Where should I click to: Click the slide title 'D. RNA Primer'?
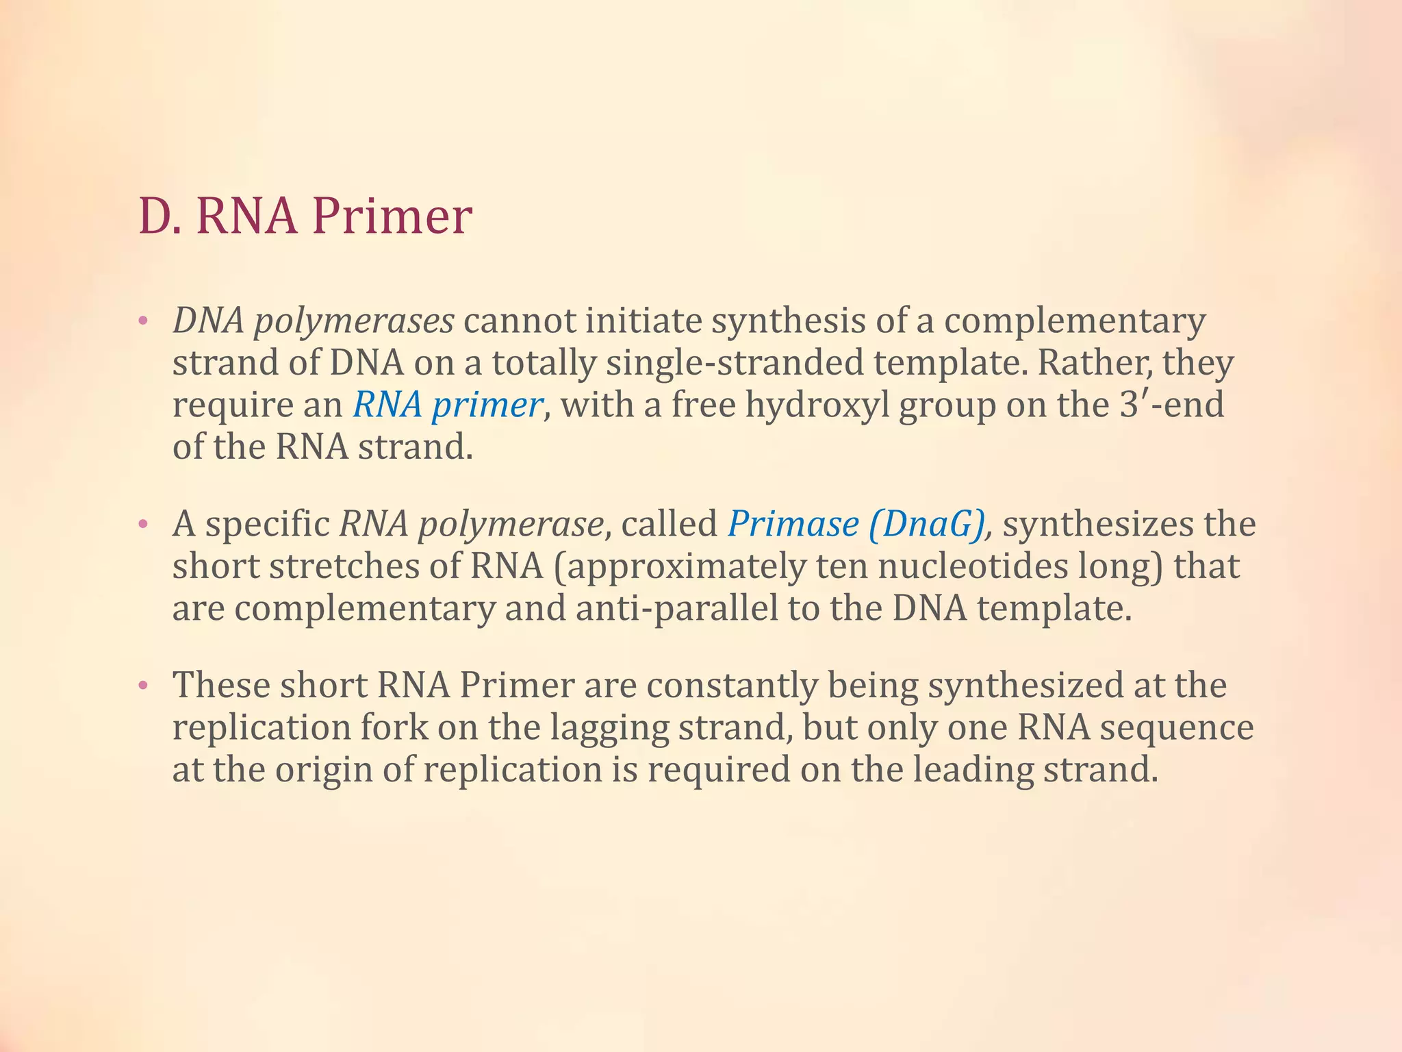pos(305,216)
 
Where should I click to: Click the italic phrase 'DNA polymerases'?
pos(313,321)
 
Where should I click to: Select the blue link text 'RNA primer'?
pos(448,405)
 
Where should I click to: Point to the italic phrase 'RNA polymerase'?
pos(472,525)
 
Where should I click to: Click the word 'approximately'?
pos(684,566)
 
